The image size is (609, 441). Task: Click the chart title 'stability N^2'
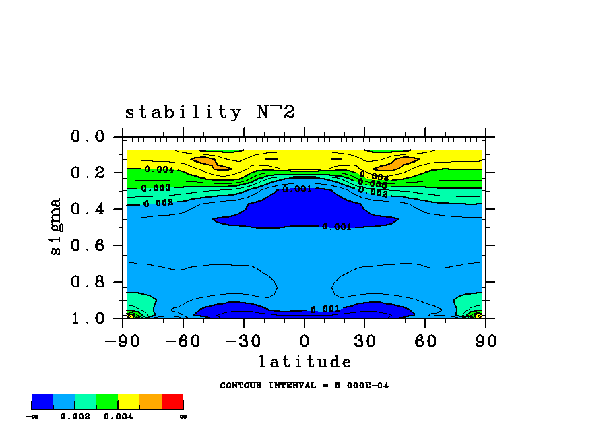(210, 112)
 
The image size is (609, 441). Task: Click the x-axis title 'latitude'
(305, 362)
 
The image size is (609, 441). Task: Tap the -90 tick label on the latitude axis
(122, 341)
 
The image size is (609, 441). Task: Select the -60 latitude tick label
(182, 341)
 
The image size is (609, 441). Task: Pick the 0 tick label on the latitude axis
(304, 341)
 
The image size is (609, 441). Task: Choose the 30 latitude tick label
(364, 341)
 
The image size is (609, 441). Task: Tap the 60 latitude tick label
(425, 341)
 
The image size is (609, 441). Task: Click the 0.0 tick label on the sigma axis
(87, 137)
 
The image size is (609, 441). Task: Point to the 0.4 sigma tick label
(87, 209)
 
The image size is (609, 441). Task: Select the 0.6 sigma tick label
(87, 245)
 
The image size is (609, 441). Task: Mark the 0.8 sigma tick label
(87, 282)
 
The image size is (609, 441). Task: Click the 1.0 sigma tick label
(87, 318)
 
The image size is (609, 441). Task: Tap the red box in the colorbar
(172, 403)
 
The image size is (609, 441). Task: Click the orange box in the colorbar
(150, 403)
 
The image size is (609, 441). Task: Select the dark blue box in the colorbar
(42, 403)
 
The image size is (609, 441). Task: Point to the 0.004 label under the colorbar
(118, 417)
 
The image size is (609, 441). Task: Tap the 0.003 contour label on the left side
(156, 188)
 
